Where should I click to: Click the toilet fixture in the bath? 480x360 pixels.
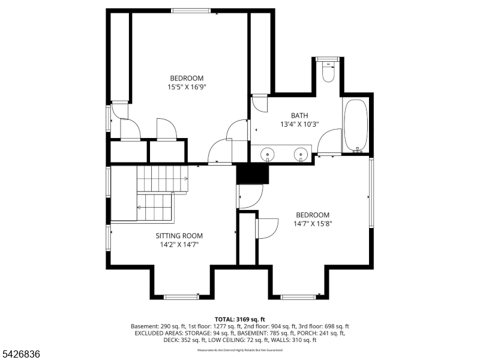click(328, 73)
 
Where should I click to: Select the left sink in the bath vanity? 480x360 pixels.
click(266, 155)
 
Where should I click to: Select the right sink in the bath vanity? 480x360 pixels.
click(299, 155)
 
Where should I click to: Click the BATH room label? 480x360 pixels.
click(299, 115)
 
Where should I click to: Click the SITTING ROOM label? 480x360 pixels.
click(179, 236)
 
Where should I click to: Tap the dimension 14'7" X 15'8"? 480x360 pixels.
click(313, 224)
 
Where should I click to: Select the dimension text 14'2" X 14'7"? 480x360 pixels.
click(179, 245)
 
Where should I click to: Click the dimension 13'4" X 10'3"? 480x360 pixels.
click(299, 124)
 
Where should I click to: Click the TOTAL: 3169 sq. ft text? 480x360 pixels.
click(240, 319)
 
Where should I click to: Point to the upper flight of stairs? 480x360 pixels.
click(162, 178)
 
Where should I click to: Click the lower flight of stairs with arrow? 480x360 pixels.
click(155, 208)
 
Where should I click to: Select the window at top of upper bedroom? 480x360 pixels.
click(190, 10)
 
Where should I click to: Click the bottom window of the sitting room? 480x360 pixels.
click(181, 296)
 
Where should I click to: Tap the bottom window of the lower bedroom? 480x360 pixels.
click(298, 296)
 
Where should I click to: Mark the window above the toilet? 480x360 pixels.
click(328, 58)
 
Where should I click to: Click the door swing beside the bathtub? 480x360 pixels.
click(329, 142)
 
